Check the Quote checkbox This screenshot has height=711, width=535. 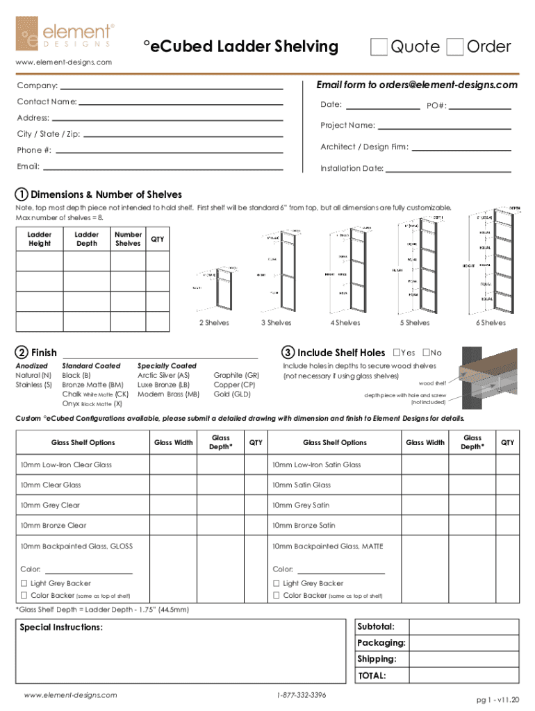pyautogui.click(x=379, y=47)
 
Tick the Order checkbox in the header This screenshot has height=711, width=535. pyautogui.click(x=455, y=47)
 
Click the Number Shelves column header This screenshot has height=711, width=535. pyautogui.click(x=128, y=239)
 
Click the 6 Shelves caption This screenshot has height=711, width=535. pyautogui.click(x=491, y=323)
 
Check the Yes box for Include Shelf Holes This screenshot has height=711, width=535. pyautogui.click(x=397, y=353)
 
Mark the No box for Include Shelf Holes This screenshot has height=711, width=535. pyautogui.click(x=426, y=353)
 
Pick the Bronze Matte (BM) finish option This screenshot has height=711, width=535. pyautogui.click(x=92, y=384)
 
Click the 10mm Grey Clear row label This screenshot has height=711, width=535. pyautogui.click(x=50, y=505)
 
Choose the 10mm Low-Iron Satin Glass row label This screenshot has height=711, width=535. pyautogui.click(x=316, y=465)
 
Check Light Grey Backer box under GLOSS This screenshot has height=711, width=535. pyautogui.click(x=24, y=584)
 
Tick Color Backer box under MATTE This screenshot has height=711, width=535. pyautogui.click(x=277, y=596)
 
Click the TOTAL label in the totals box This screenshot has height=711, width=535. pyautogui.click(x=372, y=676)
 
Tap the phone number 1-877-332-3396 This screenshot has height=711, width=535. pyautogui.click(x=301, y=695)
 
